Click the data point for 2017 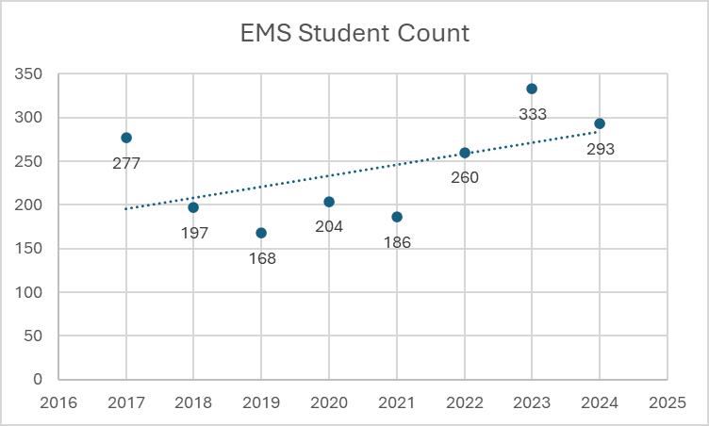[126, 138]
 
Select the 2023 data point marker [532, 89]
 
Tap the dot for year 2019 [261, 233]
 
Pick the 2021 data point [397, 217]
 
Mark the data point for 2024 [600, 123]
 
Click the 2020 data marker [329, 202]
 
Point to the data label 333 [533, 114]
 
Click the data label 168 [262, 258]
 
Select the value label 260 [465, 177]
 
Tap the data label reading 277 [126, 163]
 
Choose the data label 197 [194, 233]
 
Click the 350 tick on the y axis [28, 74]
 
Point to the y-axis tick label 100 [28, 292]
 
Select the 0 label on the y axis [38, 379]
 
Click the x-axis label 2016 [58, 402]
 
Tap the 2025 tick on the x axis [668, 402]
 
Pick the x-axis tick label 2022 [465, 402]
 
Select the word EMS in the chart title [266, 33]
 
